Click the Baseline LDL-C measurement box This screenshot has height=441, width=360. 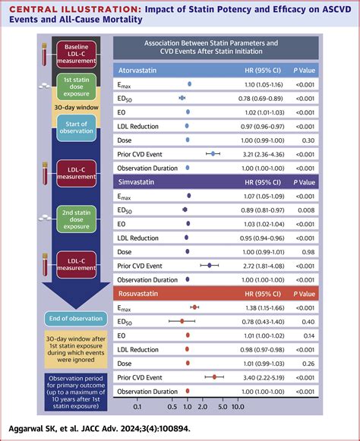tap(76, 54)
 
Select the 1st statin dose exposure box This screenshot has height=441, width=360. tap(76, 87)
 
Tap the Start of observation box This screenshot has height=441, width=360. tap(76, 128)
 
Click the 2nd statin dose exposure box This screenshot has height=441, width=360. tap(76, 219)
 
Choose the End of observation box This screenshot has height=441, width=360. tap(76, 319)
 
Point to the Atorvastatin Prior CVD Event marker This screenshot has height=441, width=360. tap(213, 154)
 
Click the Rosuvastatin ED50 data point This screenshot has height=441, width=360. tap(182, 321)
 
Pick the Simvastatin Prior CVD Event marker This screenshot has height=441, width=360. tap(210, 265)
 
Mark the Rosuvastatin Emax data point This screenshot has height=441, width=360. tap(194, 307)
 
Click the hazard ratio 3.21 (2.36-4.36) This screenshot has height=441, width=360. tap(264, 154)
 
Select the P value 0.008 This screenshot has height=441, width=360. tap(306, 210)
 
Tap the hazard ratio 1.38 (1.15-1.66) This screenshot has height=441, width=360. tap(265, 307)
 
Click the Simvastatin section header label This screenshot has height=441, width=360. tap(136, 182)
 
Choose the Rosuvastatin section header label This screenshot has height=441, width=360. tap(138, 294)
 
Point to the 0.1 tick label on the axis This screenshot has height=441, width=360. tap(137, 407)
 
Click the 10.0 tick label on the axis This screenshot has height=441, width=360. tap(238, 407)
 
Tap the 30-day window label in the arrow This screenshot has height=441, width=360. tap(76, 108)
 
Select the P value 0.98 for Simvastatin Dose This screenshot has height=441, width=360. tap(308, 252)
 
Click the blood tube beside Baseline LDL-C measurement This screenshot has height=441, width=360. tap(45, 55)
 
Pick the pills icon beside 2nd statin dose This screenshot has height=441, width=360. tap(45, 218)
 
